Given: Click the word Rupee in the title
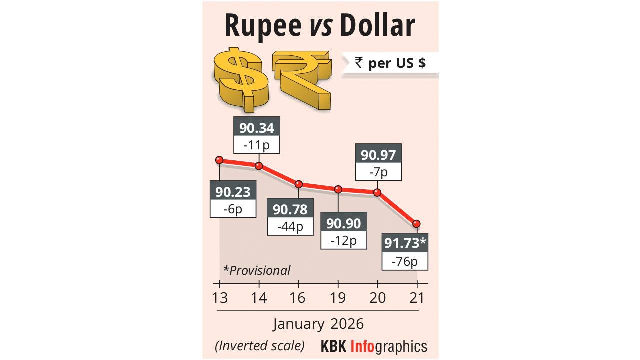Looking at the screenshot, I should [261, 25].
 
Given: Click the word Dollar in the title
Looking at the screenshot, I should [377, 25].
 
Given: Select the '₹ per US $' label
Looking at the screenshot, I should [390, 63].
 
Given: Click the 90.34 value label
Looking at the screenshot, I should [256, 128].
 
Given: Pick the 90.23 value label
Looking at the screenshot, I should [233, 192].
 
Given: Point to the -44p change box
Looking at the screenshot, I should [290, 226].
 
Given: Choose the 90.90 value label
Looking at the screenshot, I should [344, 223].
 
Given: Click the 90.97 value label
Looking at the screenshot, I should [378, 155].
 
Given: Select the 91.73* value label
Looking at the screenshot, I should [405, 244].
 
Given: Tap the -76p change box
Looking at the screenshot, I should [405, 261].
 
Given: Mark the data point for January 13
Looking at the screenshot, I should [219, 160].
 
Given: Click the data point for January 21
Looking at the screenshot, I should [416, 223].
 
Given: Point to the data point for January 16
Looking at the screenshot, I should [298, 184].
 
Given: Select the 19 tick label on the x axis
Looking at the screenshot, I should [338, 298].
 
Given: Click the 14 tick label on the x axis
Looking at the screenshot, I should [259, 298].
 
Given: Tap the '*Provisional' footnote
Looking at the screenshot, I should [257, 270].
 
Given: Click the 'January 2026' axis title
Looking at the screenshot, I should [318, 324].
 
